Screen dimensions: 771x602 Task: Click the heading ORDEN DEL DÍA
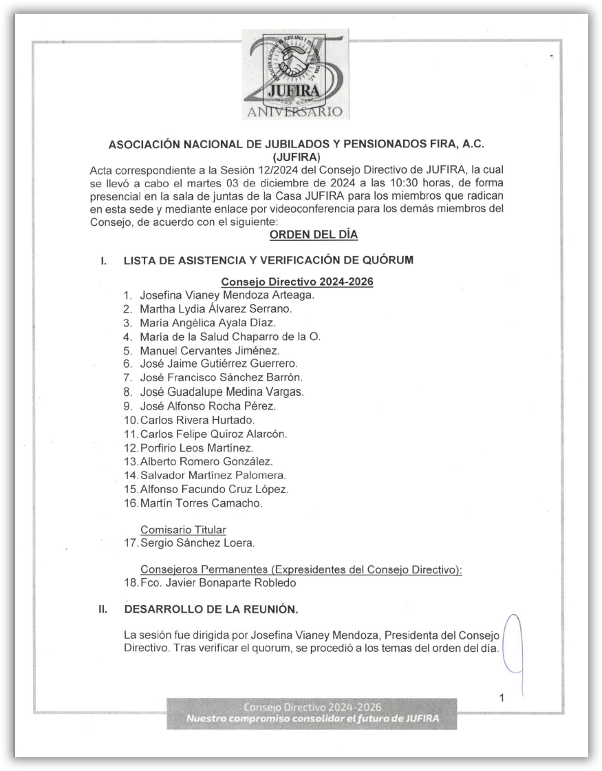[314, 235]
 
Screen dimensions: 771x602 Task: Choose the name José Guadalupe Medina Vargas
[221, 392]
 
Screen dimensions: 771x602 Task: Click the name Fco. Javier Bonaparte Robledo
[218, 584]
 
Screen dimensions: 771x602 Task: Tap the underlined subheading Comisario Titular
[183, 529]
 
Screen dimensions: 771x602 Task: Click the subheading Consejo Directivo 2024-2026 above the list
[297, 282]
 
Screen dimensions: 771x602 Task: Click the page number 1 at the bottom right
[502, 698]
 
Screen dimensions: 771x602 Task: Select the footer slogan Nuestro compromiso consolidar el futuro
[312, 720]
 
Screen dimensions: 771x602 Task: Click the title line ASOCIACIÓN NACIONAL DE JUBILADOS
[301, 145]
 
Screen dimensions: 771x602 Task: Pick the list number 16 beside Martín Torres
[129, 503]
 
